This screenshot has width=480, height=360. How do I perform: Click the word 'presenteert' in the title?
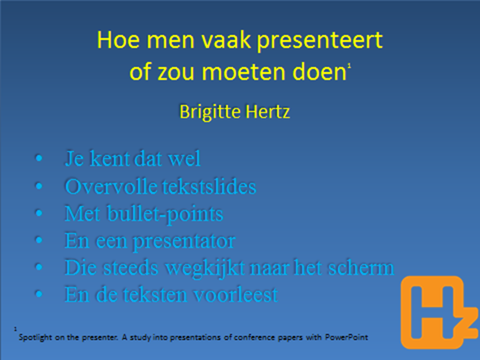tap(319, 41)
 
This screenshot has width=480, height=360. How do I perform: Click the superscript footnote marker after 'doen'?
tap(349, 66)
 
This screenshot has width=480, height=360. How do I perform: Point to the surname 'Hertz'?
tap(268, 112)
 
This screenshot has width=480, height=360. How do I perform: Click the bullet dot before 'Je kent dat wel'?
tap(39, 158)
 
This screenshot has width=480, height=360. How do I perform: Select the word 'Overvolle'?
tap(111, 186)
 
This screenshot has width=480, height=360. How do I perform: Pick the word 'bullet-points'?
tap(165, 215)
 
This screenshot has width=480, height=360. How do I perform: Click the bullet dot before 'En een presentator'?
tap(39, 240)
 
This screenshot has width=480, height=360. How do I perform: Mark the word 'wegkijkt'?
tap(205, 269)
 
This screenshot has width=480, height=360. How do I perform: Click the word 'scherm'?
tap(361, 268)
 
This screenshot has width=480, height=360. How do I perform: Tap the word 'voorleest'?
tap(236, 295)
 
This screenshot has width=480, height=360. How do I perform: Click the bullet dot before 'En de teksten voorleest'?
tap(39, 294)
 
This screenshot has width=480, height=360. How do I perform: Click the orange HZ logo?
tap(439, 312)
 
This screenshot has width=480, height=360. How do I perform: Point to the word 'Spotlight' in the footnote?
tap(35, 338)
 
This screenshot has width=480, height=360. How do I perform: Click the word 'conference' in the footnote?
tap(254, 338)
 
